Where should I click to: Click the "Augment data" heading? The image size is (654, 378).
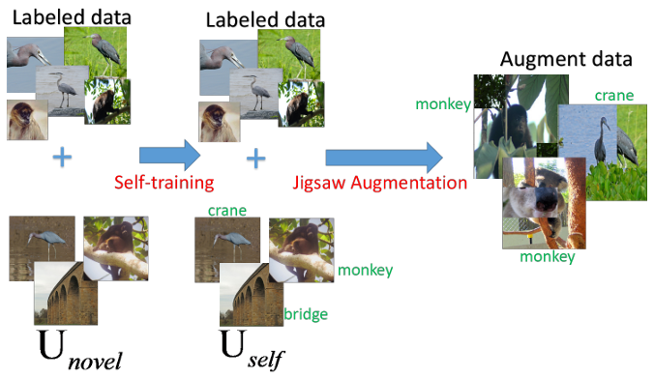(566, 59)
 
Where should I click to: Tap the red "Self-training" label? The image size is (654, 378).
(163, 183)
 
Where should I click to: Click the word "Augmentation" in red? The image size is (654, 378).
(408, 183)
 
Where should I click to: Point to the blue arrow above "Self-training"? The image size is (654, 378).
(169, 156)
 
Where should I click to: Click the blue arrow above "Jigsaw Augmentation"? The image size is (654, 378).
(384, 158)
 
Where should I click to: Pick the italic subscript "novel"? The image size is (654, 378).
(95, 361)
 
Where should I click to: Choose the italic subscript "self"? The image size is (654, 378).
(266, 360)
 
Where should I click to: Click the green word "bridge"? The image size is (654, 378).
(306, 314)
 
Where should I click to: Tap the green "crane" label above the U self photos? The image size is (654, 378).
(227, 211)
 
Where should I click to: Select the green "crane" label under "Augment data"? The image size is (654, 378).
(614, 96)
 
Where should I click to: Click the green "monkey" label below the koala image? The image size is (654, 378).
(548, 257)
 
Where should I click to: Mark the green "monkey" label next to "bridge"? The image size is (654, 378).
(365, 271)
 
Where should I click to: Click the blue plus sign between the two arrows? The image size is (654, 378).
(255, 160)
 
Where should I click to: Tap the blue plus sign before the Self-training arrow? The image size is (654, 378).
(62, 158)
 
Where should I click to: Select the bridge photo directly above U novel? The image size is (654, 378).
(66, 293)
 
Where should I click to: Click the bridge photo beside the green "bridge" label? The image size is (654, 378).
(252, 295)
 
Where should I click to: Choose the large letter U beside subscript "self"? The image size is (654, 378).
(232, 344)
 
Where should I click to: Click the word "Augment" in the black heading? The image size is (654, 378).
(538, 60)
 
